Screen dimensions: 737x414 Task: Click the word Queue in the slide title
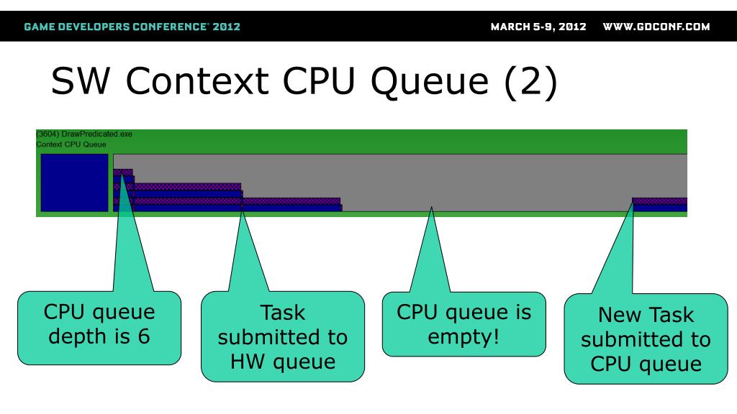point(430,82)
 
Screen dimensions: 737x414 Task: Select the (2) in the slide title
point(530,82)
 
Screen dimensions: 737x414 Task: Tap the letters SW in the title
point(81,80)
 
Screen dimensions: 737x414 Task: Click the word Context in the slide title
point(197,80)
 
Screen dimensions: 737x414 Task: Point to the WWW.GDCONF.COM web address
point(656,27)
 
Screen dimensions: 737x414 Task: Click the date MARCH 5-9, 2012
point(538,27)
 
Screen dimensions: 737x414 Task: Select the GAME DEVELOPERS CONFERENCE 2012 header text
point(132,27)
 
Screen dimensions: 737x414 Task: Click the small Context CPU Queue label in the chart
point(71,144)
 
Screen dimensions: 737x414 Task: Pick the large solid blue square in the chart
point(74,183)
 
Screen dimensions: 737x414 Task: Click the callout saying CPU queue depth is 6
point(99,328)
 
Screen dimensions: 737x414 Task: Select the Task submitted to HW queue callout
point(282,336)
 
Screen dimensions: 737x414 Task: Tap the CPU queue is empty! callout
point(464,324)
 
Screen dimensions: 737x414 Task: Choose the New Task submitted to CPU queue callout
point(646,339)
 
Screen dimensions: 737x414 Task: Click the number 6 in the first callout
point(143,336)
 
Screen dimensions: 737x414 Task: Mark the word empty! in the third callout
point(464,337)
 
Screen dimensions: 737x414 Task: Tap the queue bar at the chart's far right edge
point(660,205)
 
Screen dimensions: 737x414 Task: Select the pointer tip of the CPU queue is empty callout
point(431,207)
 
